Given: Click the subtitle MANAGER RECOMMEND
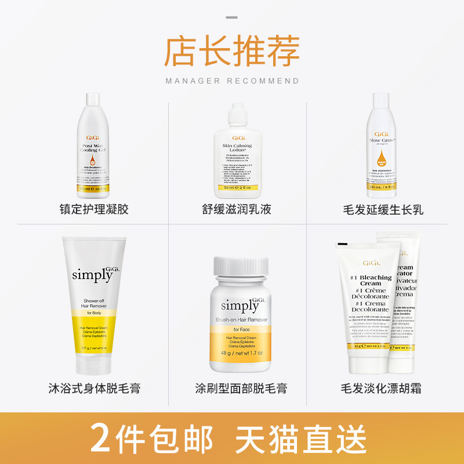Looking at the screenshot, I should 232,81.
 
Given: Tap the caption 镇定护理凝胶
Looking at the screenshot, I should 94,209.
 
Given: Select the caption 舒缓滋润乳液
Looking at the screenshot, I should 232,209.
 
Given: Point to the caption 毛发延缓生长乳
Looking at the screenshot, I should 383,209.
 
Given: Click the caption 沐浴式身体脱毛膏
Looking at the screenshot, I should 94,388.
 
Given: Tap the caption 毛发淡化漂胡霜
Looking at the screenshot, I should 383,388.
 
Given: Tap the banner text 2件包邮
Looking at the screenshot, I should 151,438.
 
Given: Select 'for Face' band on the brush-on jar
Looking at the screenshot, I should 240,330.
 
